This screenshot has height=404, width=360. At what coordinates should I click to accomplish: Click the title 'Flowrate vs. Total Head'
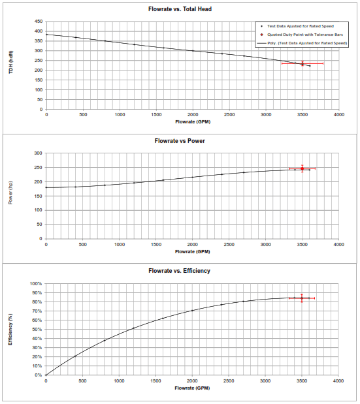click(180, 9)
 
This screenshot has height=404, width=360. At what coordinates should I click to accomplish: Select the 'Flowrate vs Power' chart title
click(180, 141)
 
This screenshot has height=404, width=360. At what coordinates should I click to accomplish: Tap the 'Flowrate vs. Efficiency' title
click(179, 271)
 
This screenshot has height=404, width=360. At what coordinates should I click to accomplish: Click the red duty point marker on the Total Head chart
click(303, 63)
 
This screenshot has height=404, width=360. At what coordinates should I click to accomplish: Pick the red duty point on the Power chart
click(303, 168)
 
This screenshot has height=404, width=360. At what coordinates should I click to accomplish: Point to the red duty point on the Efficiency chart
click(302, 298)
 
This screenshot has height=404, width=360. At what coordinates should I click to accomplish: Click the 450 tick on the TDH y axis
click(39, 22)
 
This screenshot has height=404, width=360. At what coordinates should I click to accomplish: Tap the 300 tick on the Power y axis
click(38, 153)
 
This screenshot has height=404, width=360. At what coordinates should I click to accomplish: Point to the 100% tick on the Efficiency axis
click(36, 284)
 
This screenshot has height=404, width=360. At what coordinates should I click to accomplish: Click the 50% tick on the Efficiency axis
click(37, 330)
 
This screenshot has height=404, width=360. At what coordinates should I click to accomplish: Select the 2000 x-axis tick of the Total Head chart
click(193, 115)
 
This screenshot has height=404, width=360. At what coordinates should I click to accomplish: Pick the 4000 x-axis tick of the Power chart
click(338, 245)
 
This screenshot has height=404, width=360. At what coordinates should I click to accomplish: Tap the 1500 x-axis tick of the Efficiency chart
click(155, 381)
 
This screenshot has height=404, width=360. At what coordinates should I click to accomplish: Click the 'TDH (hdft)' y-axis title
click(11, 62)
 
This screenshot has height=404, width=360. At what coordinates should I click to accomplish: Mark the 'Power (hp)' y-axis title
click(10, 193)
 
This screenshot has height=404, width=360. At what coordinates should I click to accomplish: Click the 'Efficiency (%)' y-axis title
click(10, 330)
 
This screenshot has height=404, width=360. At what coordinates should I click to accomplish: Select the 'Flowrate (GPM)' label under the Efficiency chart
click(192, 388)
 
